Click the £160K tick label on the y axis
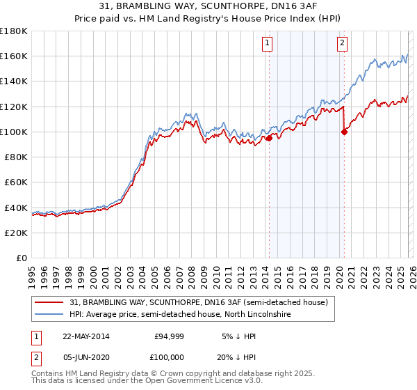click(13, 56)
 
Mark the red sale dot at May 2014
click(269, 138)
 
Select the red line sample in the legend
click(50, 303)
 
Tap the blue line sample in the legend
click(50, 315)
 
